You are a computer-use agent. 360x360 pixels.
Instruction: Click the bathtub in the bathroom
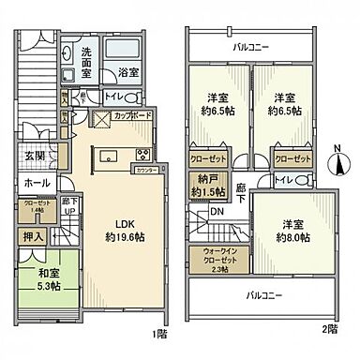click(128, 48)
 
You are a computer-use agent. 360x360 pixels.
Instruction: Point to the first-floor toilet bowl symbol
click(131, 97)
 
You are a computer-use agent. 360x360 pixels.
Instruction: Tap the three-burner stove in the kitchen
click(145, 155)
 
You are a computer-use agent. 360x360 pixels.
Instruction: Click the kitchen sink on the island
click(105, 155)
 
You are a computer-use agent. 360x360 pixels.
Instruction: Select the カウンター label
click(143, 172)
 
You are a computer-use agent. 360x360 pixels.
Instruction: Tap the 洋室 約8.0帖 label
click(290, 229)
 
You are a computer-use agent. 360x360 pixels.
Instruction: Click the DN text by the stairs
click(217, 212)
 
